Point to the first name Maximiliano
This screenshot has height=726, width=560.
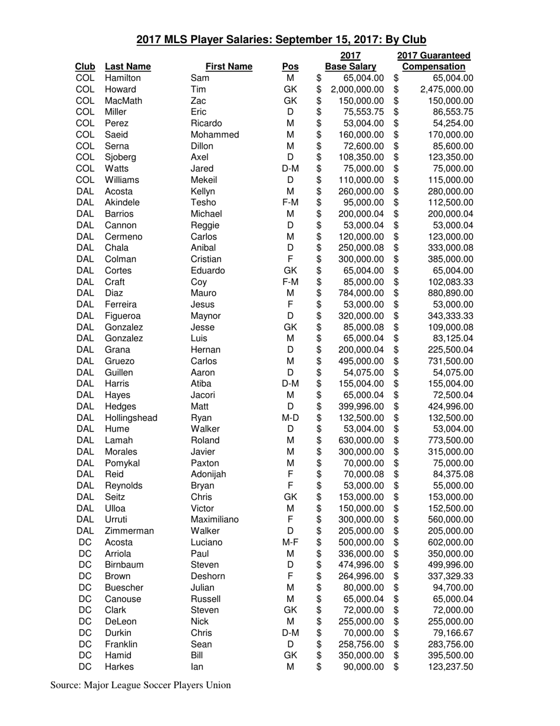point(215,519)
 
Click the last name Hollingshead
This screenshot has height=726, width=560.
point(131,417)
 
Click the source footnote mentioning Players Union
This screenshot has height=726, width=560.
point(140,685)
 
